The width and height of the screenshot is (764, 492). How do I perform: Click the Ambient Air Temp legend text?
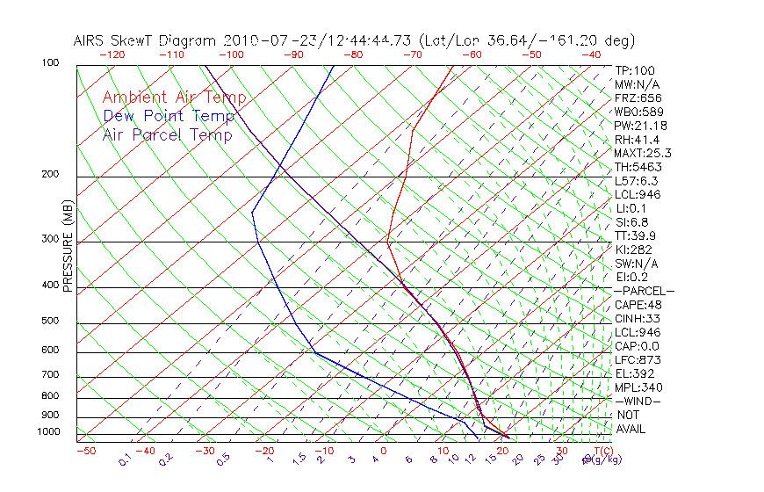174,98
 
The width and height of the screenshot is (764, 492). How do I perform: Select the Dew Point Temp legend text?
169,117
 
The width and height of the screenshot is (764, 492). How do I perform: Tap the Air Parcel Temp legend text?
167,135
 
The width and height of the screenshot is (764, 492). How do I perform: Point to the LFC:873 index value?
637,360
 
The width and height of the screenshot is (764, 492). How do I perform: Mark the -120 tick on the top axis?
112,54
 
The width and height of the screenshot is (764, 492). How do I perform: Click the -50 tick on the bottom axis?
85,451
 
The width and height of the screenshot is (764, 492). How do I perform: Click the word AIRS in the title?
91,40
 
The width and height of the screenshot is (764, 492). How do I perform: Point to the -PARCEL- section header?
645,291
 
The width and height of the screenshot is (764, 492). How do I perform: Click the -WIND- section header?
638,402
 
